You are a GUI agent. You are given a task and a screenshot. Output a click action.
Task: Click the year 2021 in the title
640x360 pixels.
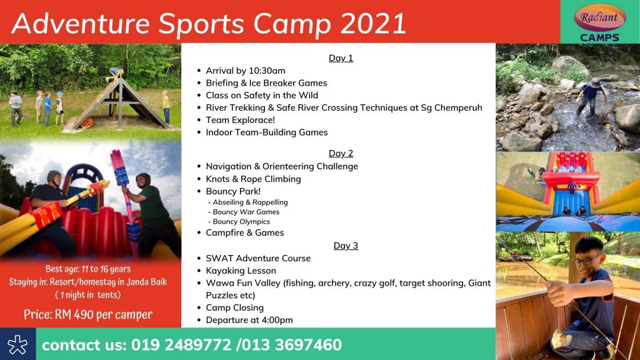point(372,23)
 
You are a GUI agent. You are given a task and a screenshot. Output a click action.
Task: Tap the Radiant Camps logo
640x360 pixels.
point(599,22)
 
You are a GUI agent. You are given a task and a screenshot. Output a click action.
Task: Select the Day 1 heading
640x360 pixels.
point(341,58)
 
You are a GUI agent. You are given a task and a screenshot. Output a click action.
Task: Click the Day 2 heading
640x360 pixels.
point(341,154)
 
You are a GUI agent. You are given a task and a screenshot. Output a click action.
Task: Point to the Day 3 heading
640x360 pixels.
point(346,246)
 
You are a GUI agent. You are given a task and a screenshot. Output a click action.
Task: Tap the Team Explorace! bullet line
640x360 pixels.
point(240,120)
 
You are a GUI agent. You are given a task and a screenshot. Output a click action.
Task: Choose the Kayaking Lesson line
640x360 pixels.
point(241,271)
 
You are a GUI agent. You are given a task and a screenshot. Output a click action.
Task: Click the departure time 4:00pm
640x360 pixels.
point(275,320)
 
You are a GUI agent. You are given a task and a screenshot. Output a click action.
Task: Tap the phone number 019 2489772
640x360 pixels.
point(181,345)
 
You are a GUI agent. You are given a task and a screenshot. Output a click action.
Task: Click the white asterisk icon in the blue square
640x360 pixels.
point(17,345)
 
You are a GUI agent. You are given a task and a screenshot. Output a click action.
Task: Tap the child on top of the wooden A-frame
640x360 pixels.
point(115,74)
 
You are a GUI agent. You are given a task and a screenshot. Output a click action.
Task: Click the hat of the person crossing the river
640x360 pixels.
point(595,82)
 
